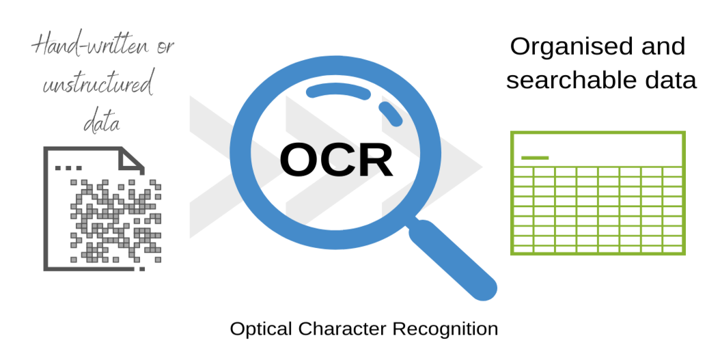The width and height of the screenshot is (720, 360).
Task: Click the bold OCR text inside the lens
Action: click(x=336, y=161)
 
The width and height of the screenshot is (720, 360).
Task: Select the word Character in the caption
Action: click(x=342, y=329)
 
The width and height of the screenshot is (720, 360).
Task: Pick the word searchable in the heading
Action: click(x=573, y=80)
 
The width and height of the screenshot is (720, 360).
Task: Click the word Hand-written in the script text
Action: click(x=90, y=46)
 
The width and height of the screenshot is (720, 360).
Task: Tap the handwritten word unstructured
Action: click(x=98, y=85)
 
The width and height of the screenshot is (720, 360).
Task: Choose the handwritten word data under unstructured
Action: click(x=102, y=121)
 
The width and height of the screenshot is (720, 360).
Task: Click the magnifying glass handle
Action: click(x=453, y=260)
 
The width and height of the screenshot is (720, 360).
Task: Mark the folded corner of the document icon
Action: click(x=132, y=159)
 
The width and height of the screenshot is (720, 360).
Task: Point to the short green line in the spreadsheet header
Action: click(x=535, y=158)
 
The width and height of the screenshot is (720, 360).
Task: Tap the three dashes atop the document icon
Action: click(x=68, y=168)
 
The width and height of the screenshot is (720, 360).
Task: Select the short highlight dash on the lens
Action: click(x=390, y=113)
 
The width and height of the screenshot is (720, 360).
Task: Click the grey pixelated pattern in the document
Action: click(x=115, y=221)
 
